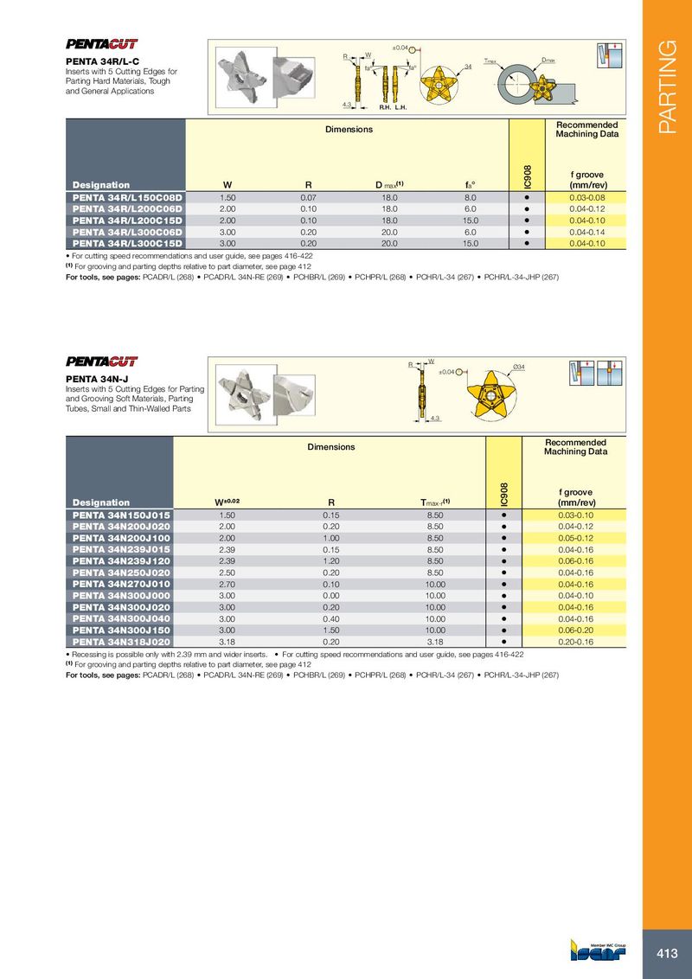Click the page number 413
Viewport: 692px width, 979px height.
click(666, 954)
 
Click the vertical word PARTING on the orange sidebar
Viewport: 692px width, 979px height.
click(667, 86)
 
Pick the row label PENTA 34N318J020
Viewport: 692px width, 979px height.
click(121, 642)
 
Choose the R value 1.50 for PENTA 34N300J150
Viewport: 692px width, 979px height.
click(331, 630)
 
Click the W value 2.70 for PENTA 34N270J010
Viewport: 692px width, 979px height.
click(227, 585)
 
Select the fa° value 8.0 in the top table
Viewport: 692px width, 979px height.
click(471, 197)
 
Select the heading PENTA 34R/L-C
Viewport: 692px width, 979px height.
click(102, 61)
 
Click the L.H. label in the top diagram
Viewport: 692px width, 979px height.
click(400, 109)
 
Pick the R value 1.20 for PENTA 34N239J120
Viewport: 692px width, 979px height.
click(331, 561)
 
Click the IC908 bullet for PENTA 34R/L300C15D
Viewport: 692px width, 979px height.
click(526, 243)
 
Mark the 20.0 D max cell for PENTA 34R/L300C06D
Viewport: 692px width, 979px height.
click(389, 232)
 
